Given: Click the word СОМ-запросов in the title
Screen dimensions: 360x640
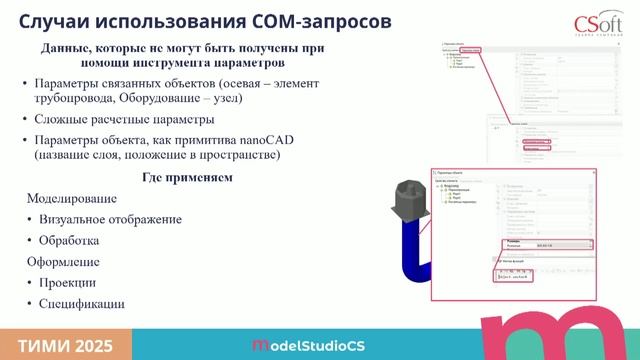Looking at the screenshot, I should tap(319, 21).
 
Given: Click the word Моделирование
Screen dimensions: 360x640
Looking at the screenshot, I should tap(71, 198).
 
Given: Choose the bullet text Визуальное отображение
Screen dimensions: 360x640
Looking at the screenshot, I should tap(110, 219).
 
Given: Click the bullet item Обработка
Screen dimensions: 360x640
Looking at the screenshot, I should tap(69, 240).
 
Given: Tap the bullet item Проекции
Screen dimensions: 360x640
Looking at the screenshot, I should tap(67, 282).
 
